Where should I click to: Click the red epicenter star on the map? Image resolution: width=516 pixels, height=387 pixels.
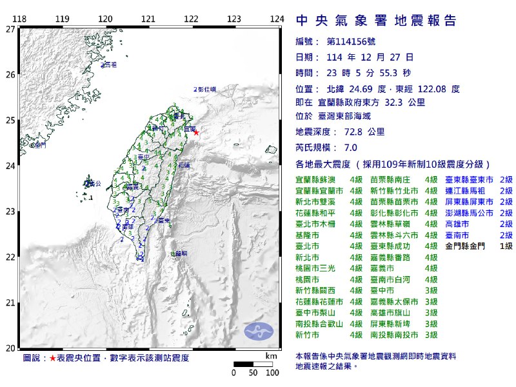pyautogui.click(x=196, y=133)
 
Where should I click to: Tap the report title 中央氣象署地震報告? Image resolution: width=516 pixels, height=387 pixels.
pyautogui.click(x=376, y=21)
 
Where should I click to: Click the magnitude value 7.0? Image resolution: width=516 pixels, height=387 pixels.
pyautogui.click(x=355, y=148)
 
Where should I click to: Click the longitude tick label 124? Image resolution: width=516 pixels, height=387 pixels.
pyautogui.click(x=277, y=19)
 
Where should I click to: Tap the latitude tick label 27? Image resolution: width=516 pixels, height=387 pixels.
pyautogui.click(x=10, y=29)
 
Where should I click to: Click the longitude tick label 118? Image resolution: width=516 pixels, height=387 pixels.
pyautogui.click(x=19, y=19)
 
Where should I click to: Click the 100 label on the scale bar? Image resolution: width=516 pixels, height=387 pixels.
pyautogui.click(x=272, y=373)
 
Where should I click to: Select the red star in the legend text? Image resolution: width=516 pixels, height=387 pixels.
pyautogui.click(x=53, y=357)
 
